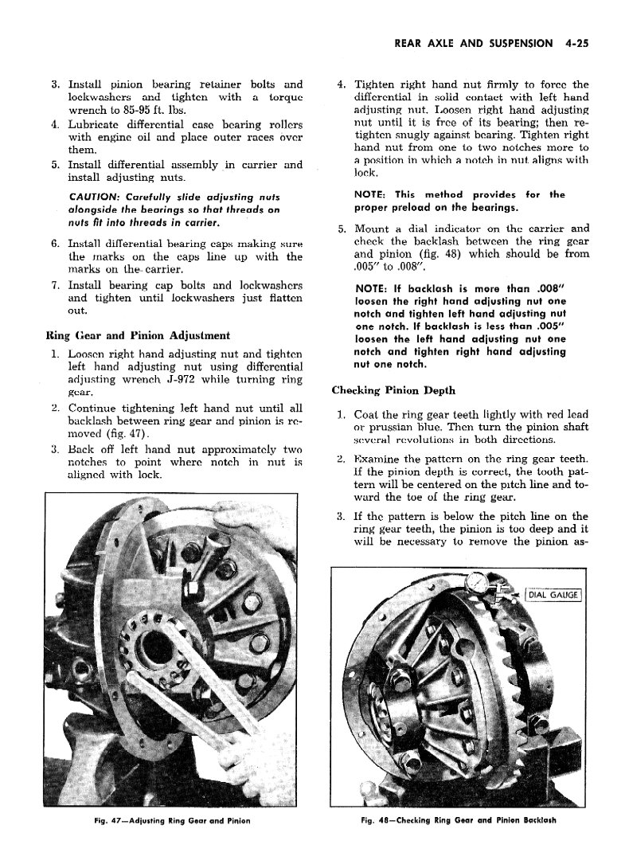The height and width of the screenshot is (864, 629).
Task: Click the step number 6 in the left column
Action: click(x=55, y=243)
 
